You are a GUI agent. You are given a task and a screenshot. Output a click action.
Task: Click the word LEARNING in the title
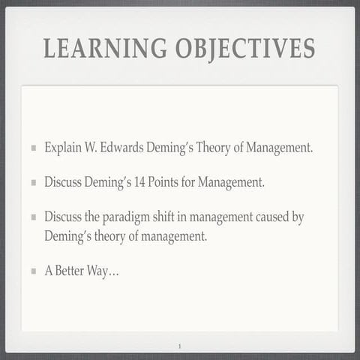[103, 49]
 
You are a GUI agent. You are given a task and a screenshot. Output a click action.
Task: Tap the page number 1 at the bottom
[180, 346]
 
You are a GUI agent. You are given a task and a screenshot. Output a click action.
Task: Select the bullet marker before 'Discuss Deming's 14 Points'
[33, 182]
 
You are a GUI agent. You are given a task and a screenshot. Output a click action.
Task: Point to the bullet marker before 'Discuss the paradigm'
[33, 217]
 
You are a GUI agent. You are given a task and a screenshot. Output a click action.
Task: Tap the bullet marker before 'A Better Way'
[33, 271]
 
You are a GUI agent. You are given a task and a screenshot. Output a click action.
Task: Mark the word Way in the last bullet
[106, 271]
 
